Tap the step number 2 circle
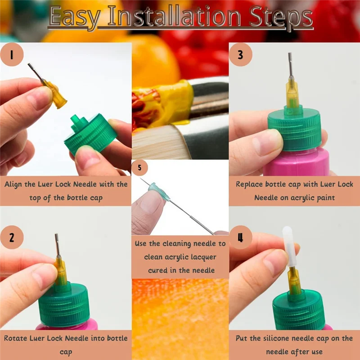click(x=12, y=238)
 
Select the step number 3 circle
click(x=240, y=55)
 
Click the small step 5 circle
click(x=139, y=168)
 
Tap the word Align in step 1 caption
click(x=16, y=184)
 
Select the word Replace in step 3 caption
click(x=250, y=184)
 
